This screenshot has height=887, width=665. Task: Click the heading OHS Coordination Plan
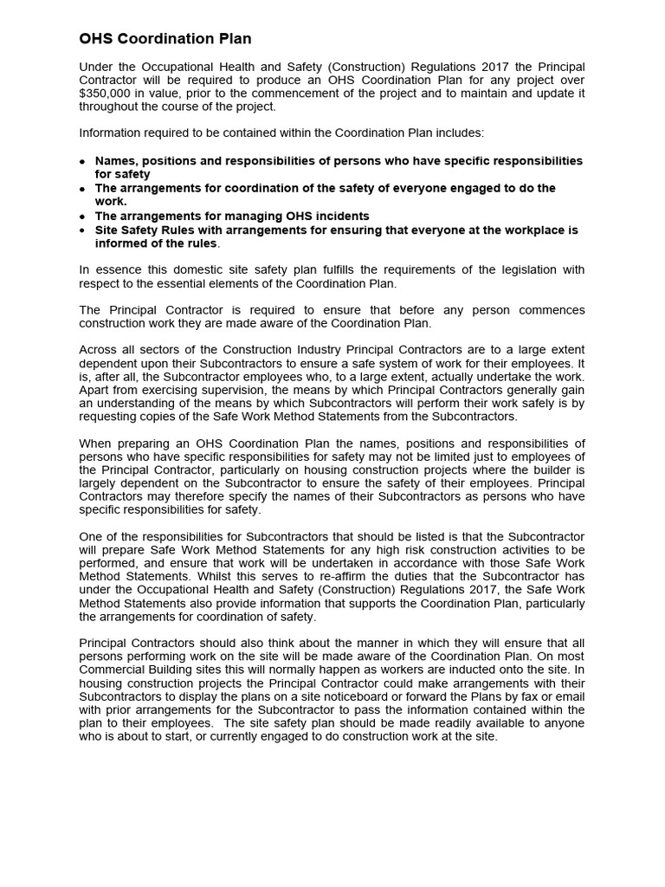165,39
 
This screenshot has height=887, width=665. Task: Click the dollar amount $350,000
108,94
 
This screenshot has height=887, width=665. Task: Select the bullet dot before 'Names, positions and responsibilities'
82,162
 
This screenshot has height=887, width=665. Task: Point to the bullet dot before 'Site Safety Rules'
82,231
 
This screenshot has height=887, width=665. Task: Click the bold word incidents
341,216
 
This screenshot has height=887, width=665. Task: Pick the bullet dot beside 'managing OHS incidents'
82,217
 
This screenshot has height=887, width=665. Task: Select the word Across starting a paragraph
98,350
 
